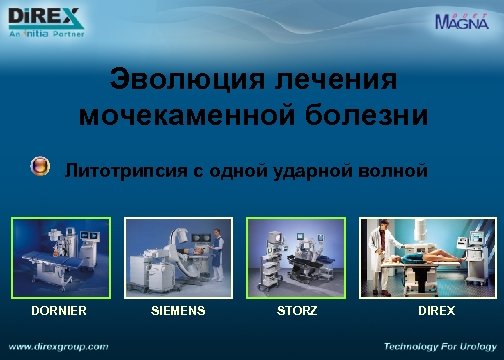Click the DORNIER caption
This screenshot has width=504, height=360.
[58, 311]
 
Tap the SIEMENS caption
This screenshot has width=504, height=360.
[178, 311]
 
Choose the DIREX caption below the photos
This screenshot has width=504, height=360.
[436, 311]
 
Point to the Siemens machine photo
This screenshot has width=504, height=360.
[178, 257]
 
